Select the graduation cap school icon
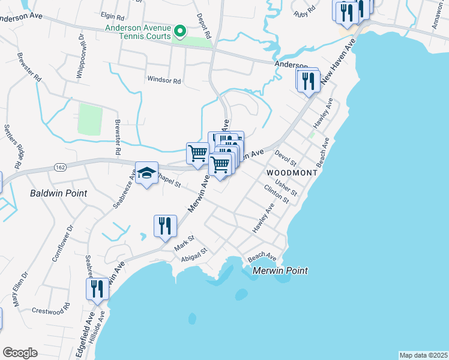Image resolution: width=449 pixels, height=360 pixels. tap(146, 173)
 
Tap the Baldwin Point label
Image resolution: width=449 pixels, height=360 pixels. tap(59, 194)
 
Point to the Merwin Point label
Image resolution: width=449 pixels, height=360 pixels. tap(280, 271)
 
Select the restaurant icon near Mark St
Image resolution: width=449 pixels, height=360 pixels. tap(165, 226)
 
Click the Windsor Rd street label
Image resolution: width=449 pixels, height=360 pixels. tap(164, 80)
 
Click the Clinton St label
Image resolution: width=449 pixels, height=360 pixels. tap(277, 193)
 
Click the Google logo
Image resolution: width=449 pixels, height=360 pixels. tap(20, 353)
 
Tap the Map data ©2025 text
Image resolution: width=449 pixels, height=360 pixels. tap(423, 355)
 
